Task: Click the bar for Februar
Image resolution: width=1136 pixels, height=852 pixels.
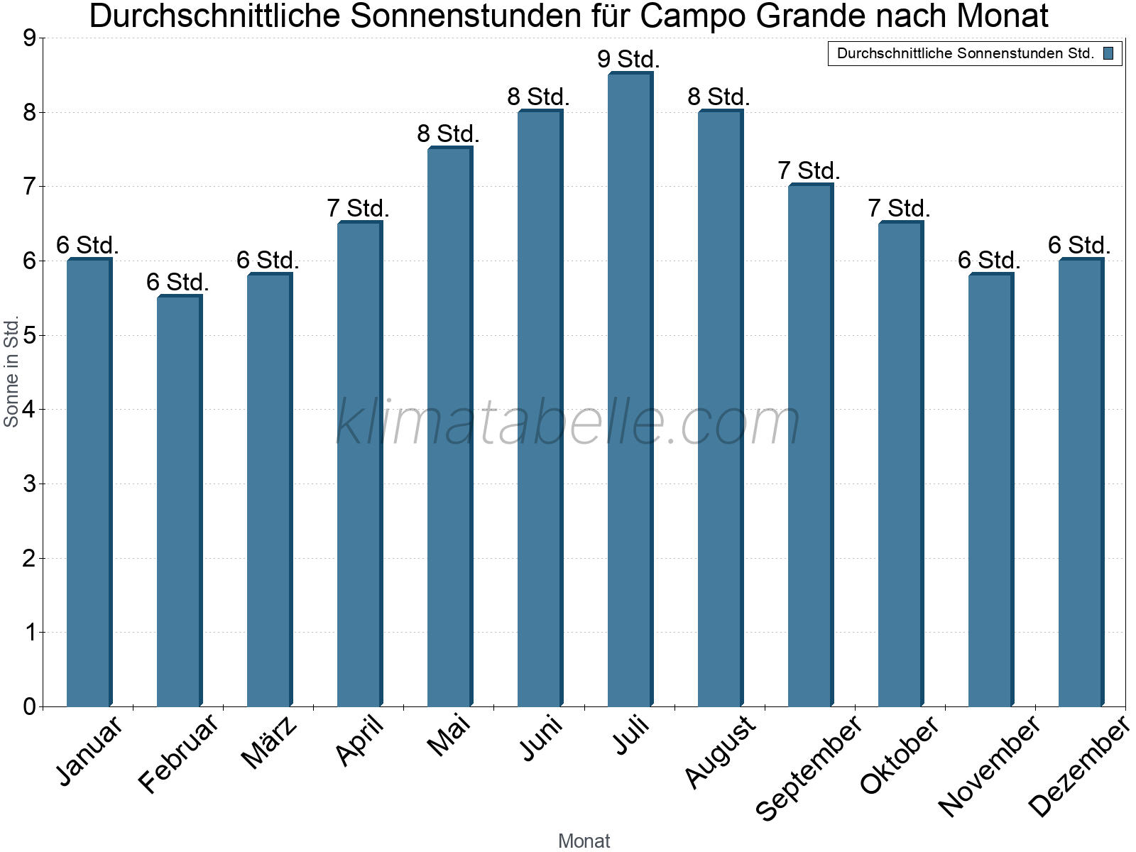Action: pyautogui.click(x=179, y=501)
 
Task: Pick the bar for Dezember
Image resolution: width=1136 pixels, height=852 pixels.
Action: pyautogui.click(x=1081, y=482)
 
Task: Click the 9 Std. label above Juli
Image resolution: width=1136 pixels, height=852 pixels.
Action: pyautogui.click(x=628, y=59)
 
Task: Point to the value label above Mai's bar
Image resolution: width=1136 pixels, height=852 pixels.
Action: pyautogui.click(x=448, y=133)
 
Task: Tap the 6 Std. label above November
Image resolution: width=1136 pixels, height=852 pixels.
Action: pyautogui.click(x=989, y=260)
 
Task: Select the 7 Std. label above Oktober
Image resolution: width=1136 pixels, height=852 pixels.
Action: pyautogui.click(x=899, y=209)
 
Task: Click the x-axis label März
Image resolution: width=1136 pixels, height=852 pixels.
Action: pyautogui.click(x=269, y=743)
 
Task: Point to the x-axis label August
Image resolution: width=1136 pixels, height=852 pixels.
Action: pyautogui.click(x=720, y=751)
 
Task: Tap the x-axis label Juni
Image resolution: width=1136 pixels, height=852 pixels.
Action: pyautogui.click(x=541, y=738)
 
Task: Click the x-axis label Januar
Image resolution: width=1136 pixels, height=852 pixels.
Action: pyautogui.click(x=89, y=749)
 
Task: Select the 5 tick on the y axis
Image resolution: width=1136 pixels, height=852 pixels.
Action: pyautogui.click(x=29, y=335)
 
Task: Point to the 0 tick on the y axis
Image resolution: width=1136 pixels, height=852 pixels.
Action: pyautogui.click(x=29, y=706)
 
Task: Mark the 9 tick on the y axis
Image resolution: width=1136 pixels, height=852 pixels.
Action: pyautogui.click(x=29, y=38)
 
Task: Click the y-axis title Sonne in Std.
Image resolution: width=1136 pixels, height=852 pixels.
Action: pyautogui.click(x=11, y=371)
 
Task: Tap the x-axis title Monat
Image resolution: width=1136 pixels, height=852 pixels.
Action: pyautogui.click(x=584, y=841)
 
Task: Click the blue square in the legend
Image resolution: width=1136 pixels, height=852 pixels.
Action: pyautogui.click(x=1108, y=53)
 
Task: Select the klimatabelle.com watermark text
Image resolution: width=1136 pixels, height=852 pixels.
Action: pyautogui.click(x=567, y=422)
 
